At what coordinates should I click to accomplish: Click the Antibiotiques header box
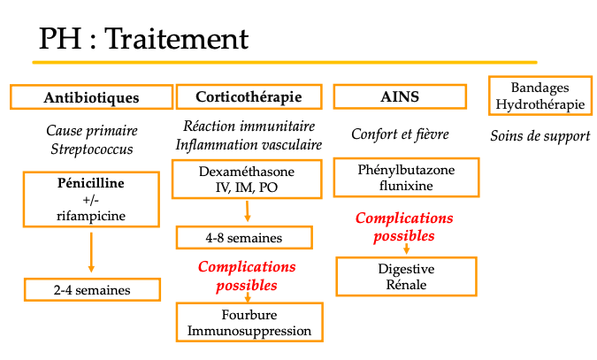tap(91, 97)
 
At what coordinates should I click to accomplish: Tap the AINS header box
tap(400, 96)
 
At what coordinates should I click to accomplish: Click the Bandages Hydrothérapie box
tap(540, 96)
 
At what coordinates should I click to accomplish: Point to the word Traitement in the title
tap(182, 39)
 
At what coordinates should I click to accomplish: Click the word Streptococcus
tap(91, 149)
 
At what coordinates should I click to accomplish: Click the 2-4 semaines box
tap(92, 289)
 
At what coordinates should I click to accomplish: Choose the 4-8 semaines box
tap(244, 238)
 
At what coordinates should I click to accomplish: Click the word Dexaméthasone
tap(249, 171)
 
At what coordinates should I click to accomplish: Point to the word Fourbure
tap(249, 315)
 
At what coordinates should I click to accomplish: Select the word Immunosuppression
tap(249, 331)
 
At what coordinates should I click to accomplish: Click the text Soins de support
tap(540, 136)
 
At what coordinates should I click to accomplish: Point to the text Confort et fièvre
tap(400, 134)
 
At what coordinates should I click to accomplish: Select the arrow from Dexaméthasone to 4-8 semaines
tap(248, 211)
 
